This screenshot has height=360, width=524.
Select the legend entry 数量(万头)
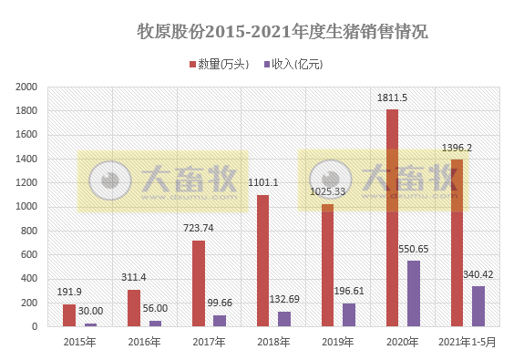click(218, 65)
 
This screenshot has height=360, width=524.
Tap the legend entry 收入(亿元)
click(293, 65)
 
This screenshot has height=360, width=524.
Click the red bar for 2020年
click(392, 218)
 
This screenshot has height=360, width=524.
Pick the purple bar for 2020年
click(413, 293)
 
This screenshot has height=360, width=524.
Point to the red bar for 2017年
click(198, 283)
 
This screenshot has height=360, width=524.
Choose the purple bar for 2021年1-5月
click(478, 306)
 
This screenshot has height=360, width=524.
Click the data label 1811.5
click(392, 98)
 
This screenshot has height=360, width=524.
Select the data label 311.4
click(135, 277)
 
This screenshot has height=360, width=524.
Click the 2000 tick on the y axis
click(26, 87)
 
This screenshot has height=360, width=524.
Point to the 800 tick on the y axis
click(30, 231)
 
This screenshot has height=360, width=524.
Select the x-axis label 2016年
click(142, 342)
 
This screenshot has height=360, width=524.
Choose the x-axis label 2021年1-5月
click(467, 342)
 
